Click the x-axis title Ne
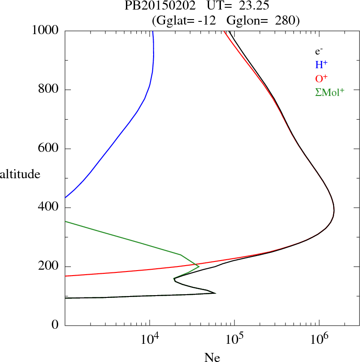[x=212, y=357]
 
